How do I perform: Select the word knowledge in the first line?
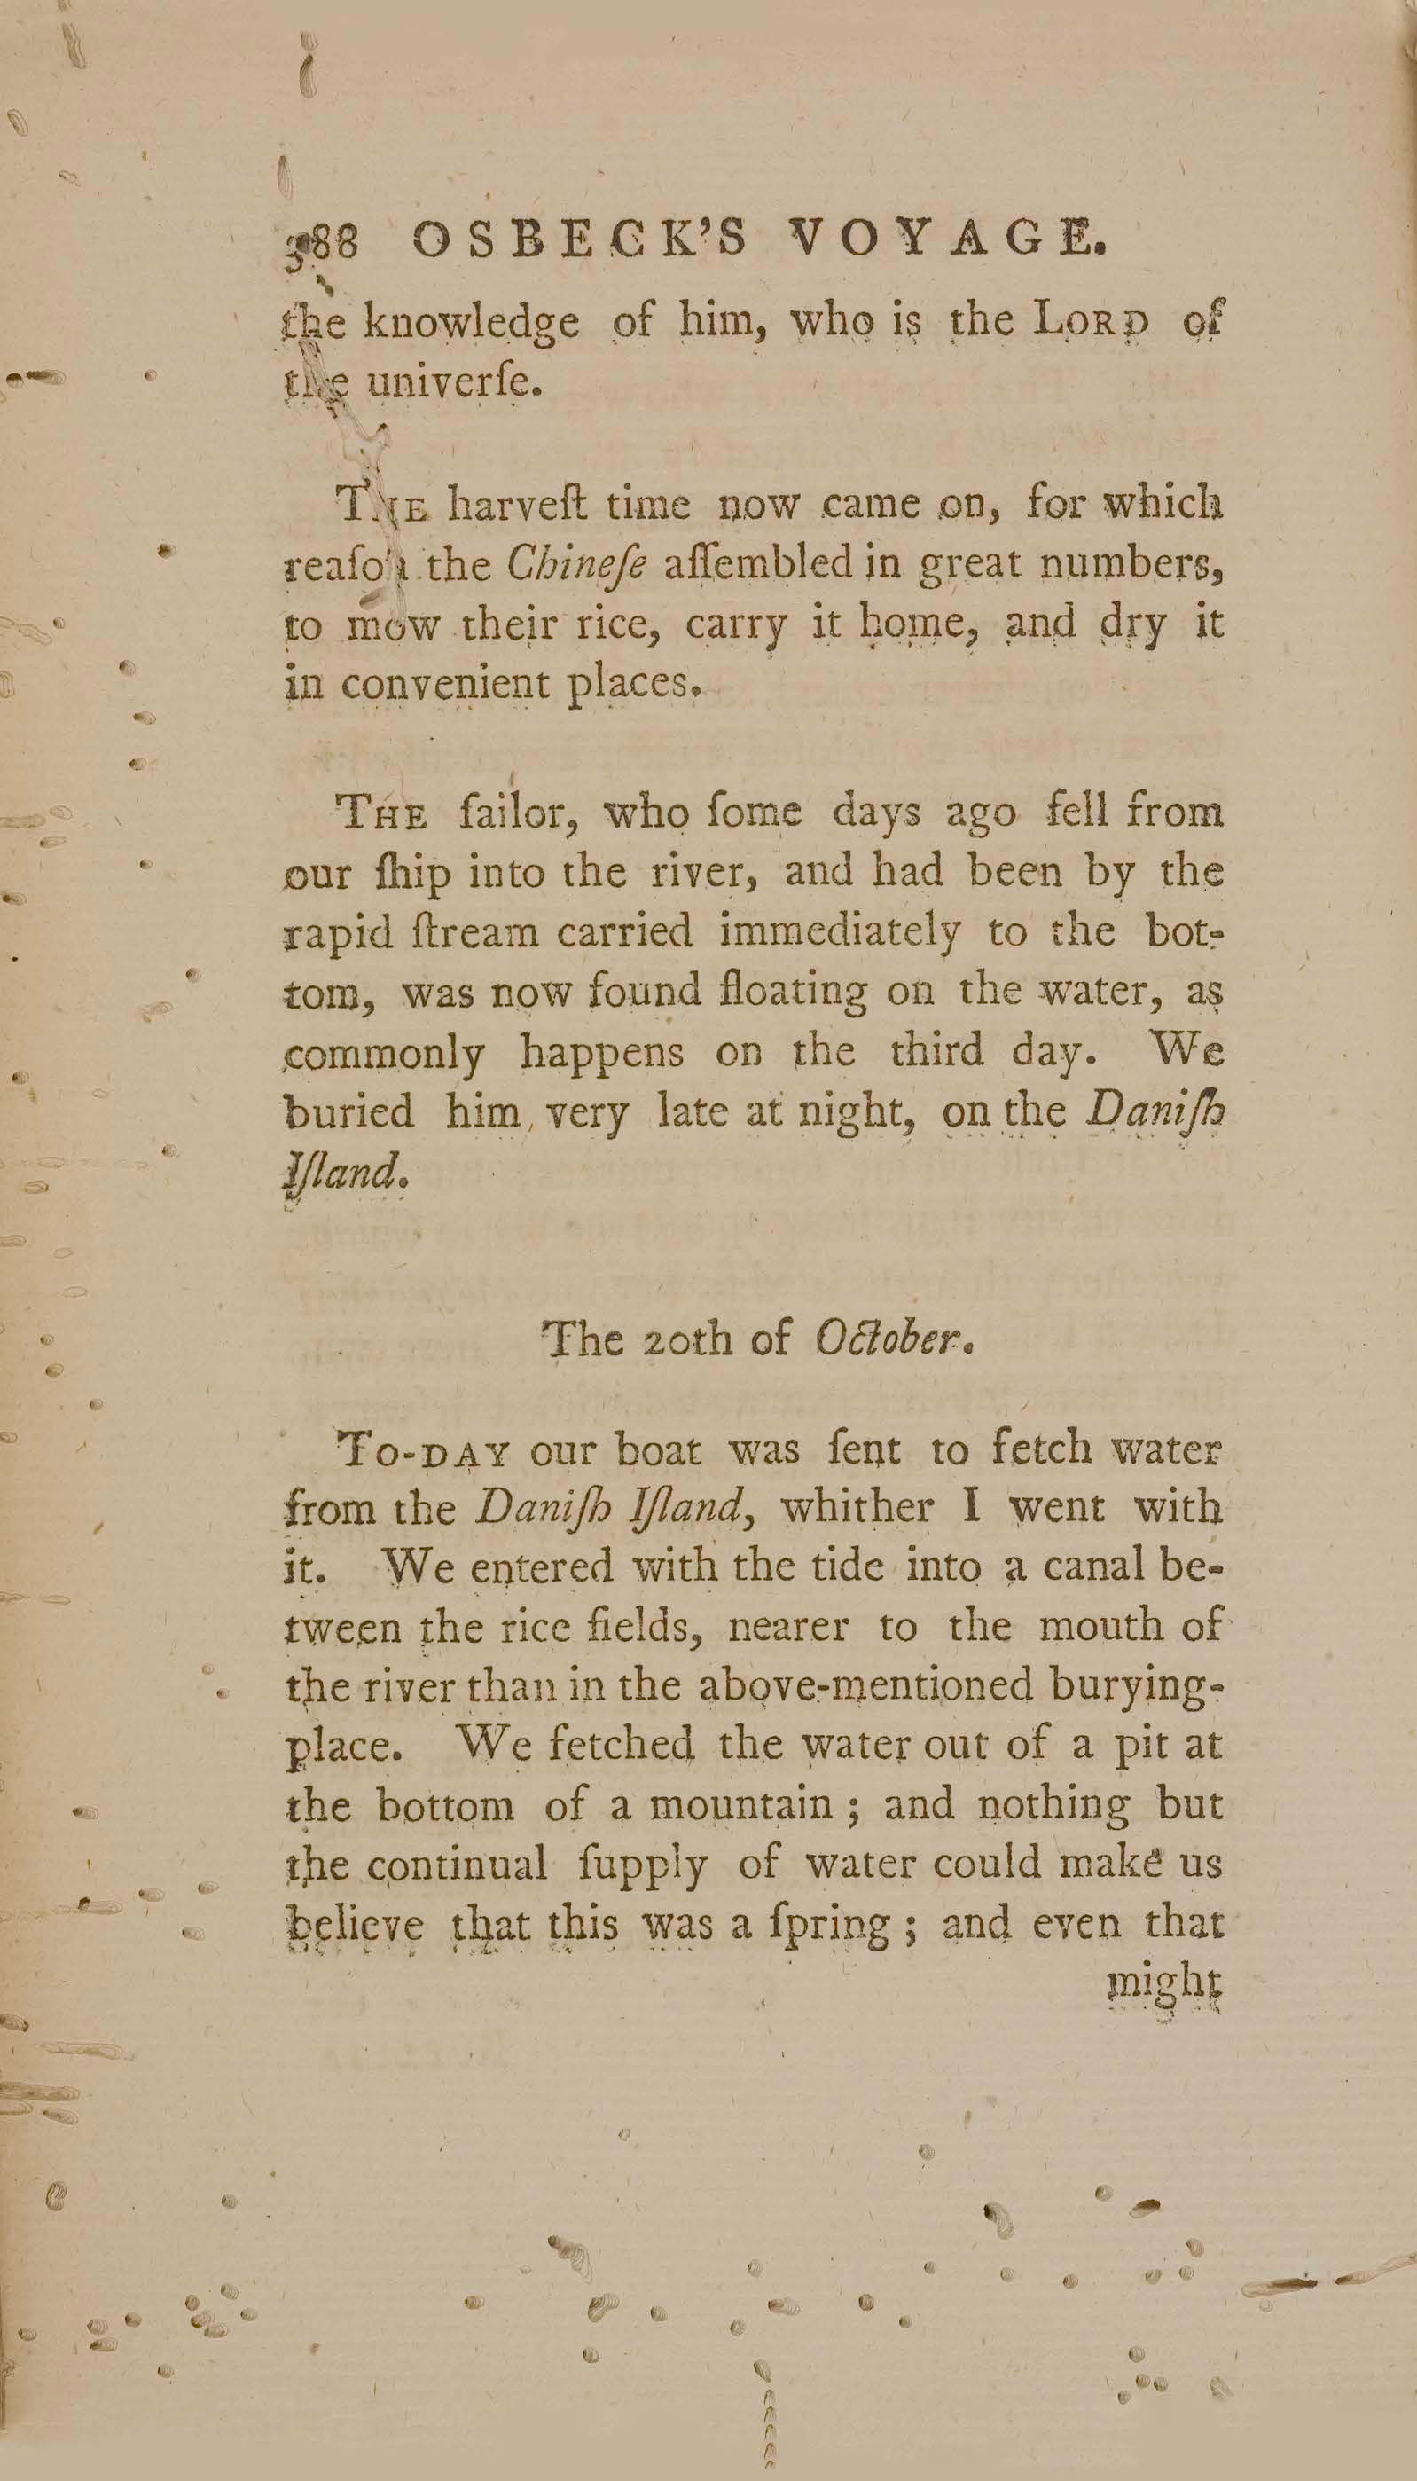click(471, 325)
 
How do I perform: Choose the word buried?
click(348, 1111)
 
